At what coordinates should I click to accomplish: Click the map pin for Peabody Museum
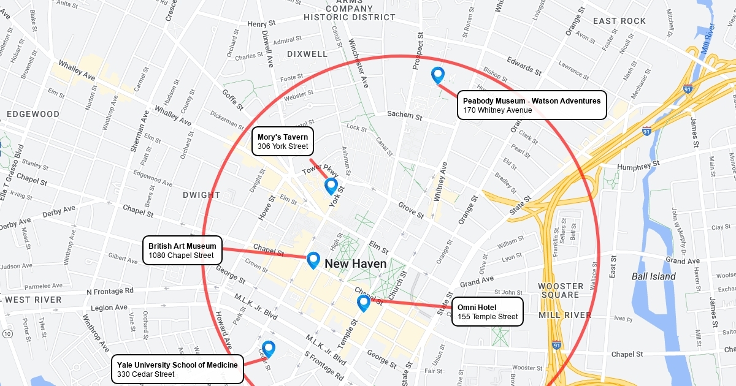pos(437,75)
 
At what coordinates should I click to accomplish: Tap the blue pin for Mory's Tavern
pos(331,186)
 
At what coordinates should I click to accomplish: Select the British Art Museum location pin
pos(313,260)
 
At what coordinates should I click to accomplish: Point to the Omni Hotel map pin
pos(363,303)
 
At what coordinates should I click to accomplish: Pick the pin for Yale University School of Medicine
pos(268,349)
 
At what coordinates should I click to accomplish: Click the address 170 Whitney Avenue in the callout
pos(497,110)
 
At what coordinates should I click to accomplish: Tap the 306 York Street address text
pos(282,147)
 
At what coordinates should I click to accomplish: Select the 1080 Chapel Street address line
pos(181,255)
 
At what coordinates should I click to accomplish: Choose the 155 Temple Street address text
pos(488,317)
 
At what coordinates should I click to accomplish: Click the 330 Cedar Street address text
pos(146,374)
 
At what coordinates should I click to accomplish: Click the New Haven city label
pos(356,264)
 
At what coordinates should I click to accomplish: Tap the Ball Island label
pos(654,276)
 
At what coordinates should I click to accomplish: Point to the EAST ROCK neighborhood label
pos(619,21)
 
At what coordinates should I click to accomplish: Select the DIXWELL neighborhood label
pos(307,54)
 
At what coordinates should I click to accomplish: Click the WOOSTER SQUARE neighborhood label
pos(561,290)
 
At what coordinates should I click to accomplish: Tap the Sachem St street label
pos(405,115)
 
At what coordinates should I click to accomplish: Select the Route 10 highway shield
pos(6,333)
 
